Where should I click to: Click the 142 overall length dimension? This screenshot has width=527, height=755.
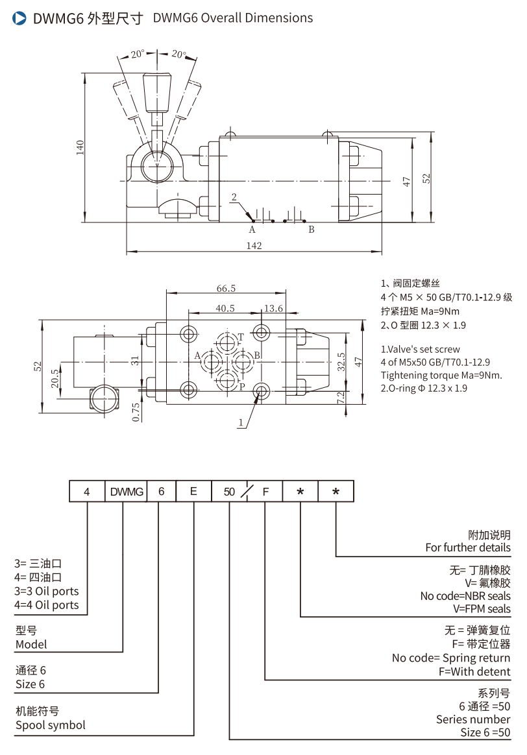coord(254,245)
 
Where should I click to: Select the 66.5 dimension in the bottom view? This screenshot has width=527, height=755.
coord(225,289)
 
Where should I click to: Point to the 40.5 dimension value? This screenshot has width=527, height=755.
coord(225,309)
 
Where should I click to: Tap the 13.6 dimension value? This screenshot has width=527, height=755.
coord(272,309)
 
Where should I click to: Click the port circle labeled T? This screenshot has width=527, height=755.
coord(227,341)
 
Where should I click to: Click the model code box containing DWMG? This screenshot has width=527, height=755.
coord(126,492)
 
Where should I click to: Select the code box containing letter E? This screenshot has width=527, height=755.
coord(193,492)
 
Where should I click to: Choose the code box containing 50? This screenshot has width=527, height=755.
coord(229,492)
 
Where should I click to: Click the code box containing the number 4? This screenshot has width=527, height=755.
coord(87,492)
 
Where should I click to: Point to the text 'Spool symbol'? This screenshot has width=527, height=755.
coord(51,725)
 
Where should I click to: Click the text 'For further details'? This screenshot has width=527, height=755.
coord(468,547)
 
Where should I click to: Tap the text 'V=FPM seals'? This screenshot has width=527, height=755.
coord(482,609)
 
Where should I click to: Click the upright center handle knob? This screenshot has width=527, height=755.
coord(156,90)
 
